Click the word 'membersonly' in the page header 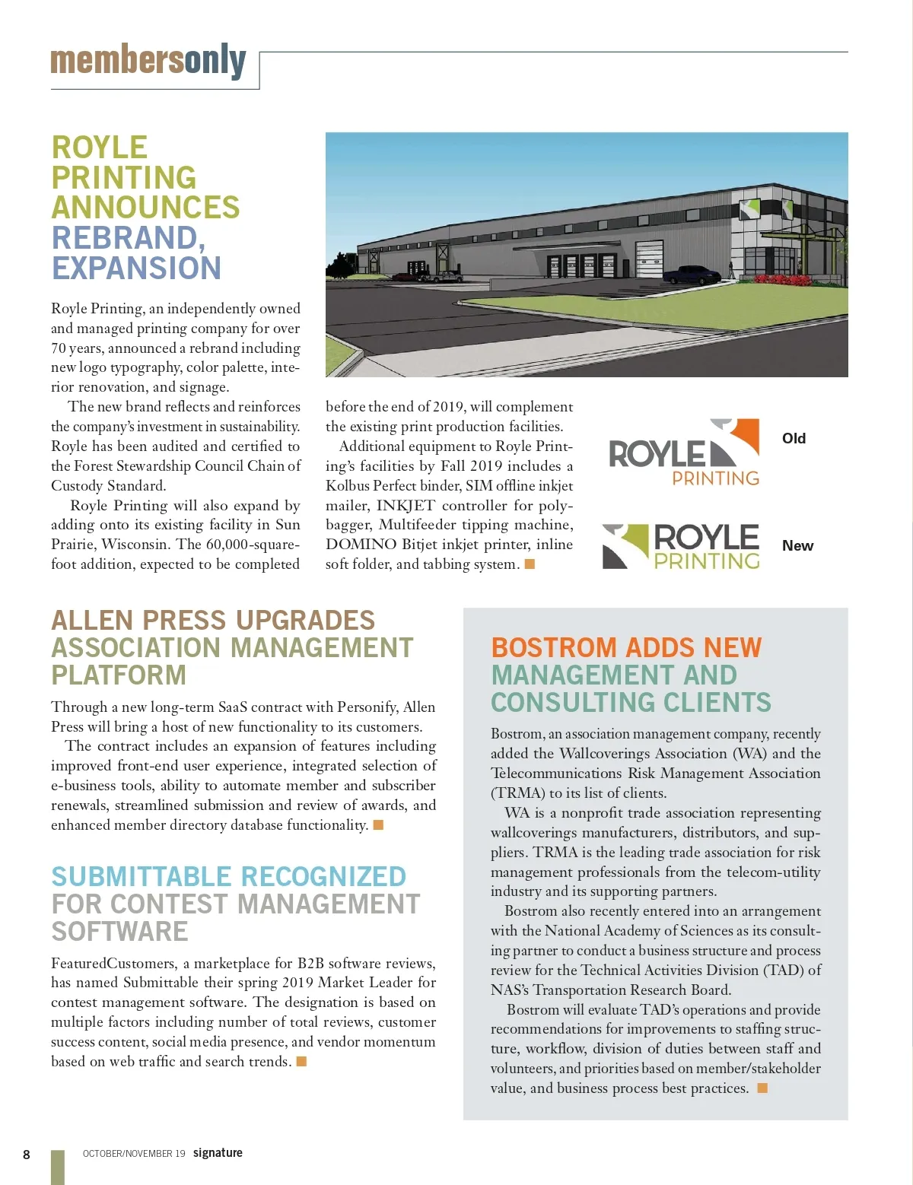tap(148, 61)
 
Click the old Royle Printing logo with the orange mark tap(684, 453)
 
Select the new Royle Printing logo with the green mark tap(681, 546)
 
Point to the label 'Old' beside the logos tap(794, 439)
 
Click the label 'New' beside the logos tap(797, 546)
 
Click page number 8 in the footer tap(27, 1155)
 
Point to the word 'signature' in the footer tap(218, 1153)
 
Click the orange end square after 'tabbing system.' tap(530, 564)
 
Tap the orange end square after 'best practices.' tap(762, 1088)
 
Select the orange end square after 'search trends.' tap(301, 1061)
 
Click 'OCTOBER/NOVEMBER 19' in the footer tap(134, 1154)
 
